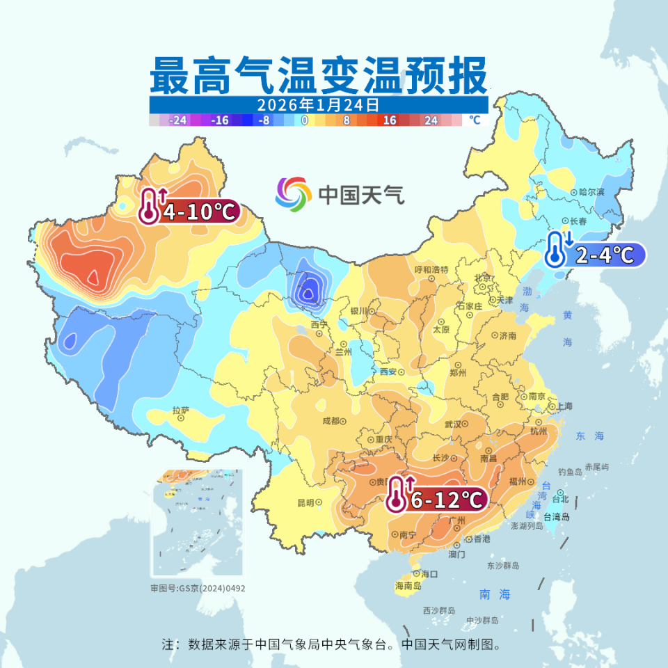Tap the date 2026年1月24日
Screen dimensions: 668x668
pos(318,105)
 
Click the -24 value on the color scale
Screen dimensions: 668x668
pos(179,120)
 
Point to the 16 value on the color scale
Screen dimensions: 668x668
pos(389,120)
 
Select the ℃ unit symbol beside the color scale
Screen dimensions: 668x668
pos(475,120)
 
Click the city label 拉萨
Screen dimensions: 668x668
pos(181,411)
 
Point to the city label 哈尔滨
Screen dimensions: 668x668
pos(591,192)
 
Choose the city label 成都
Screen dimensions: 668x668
pos(331,421)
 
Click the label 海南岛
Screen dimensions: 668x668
pos(408,585)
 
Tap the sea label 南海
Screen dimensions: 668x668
pos(495,594)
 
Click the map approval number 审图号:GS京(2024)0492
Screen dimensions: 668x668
pos(198,588)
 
